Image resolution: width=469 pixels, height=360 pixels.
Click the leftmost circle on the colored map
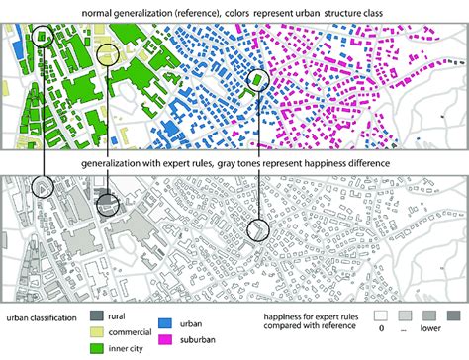[42, 35]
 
